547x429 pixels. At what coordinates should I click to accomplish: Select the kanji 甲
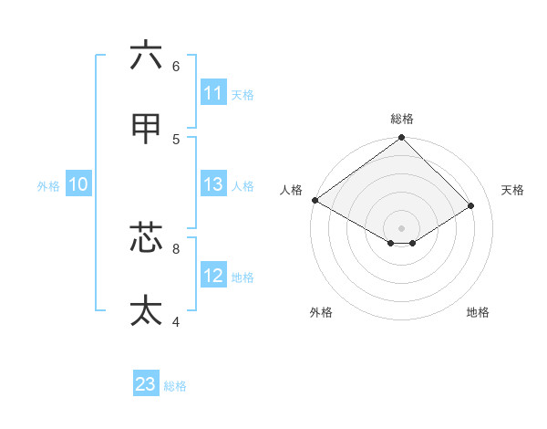click(146, 131)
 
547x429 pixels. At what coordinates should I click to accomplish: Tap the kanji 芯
click(146, 237)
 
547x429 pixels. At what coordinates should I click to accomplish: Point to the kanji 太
click(146, 310)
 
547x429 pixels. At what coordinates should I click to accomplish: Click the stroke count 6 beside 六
click(176, 66)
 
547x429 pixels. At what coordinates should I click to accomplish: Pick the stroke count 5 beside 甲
click(176, 140)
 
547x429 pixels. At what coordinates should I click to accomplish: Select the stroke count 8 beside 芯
click(176, 247)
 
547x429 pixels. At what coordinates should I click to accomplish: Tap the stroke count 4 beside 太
click(176, 321)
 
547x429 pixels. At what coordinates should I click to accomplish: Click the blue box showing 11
click(212, 93)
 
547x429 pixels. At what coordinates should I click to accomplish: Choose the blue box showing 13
click(212, 185)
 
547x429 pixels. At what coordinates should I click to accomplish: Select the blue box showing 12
click(212, 276)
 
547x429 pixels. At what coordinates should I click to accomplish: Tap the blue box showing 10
click(78, 185)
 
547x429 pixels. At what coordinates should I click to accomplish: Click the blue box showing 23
click(146, 384)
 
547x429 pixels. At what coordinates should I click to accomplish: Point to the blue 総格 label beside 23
click(175, 386)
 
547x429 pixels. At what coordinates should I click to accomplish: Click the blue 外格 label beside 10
click(48, 186)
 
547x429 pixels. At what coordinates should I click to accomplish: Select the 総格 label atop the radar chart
click(402, 119)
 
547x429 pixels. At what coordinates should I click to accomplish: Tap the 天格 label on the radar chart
click(513, 190)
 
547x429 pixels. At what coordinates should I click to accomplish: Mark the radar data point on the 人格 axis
click(315, 200)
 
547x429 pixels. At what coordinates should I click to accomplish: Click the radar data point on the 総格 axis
click(402, 138)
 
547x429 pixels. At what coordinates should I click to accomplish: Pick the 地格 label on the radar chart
click(478, 312)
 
